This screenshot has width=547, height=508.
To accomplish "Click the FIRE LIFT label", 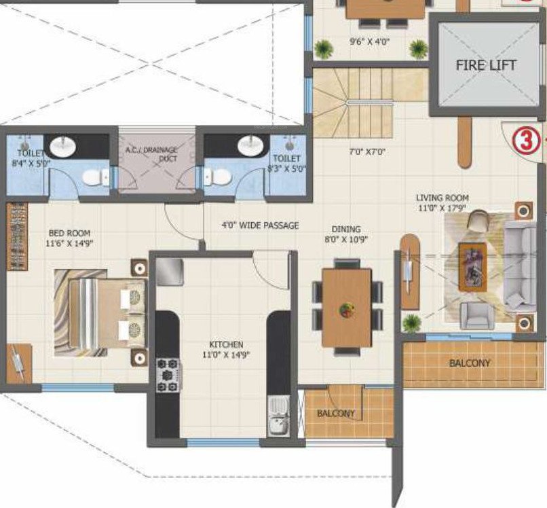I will coord(485,66).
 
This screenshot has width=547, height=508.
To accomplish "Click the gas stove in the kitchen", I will coord(167,375).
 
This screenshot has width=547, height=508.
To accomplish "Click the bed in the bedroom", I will coord(102,310).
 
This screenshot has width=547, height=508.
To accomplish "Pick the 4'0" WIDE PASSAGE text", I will coord(260,225).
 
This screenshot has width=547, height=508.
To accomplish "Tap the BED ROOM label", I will coord(70,238).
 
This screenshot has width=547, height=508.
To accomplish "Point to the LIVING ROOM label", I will coord(442,203).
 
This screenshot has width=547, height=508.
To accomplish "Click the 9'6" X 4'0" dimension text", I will coord(369,41).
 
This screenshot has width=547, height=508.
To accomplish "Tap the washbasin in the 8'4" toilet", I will coord(66,146).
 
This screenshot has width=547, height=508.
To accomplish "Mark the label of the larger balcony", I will coord(469,363).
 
